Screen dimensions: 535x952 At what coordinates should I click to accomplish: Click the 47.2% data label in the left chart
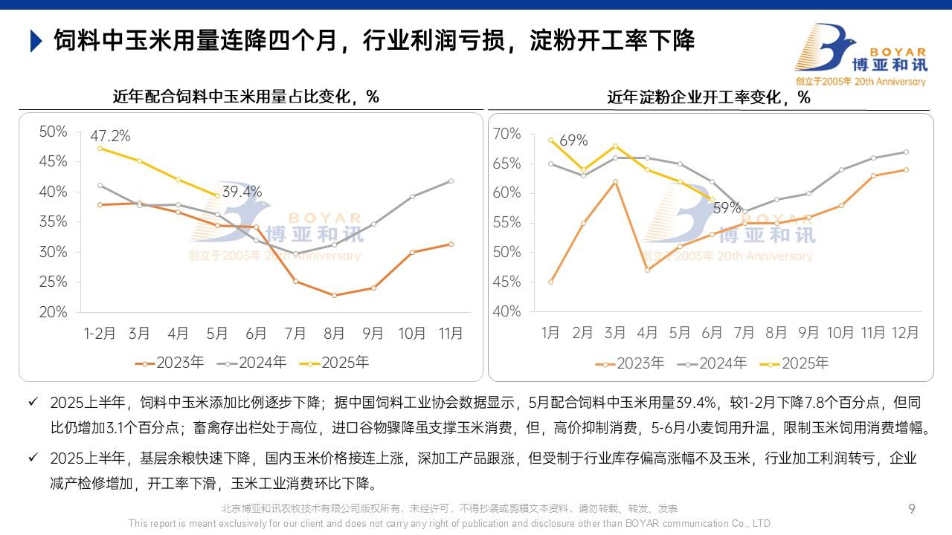pos(110,136)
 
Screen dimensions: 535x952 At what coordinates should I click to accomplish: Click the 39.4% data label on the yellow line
pos(242,192)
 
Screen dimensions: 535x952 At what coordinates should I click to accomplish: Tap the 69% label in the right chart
pos(573,140)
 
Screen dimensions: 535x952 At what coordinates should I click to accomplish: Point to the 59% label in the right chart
pos(727,208)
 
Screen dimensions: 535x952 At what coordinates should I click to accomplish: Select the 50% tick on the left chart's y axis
pos(53,132)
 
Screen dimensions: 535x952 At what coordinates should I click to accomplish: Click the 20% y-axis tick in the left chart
pos(53,312)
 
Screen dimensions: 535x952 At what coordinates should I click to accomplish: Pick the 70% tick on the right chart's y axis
pos(506,134)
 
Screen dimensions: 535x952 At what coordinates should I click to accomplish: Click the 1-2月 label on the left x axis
pos(100,334)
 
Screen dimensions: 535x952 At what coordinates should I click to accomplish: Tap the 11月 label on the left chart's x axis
pos(451,334)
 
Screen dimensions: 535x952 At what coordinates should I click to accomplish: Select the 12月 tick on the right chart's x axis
pos(905,332)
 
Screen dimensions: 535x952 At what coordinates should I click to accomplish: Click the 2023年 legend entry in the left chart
pos(170,363)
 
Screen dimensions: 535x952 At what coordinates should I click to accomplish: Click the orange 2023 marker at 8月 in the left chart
pos(334,295)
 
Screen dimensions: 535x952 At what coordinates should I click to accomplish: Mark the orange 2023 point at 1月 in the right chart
pos(550,282)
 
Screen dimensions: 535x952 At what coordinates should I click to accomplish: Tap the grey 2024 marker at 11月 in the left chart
pos(451,181)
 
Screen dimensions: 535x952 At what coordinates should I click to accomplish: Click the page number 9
pos(912,509)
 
